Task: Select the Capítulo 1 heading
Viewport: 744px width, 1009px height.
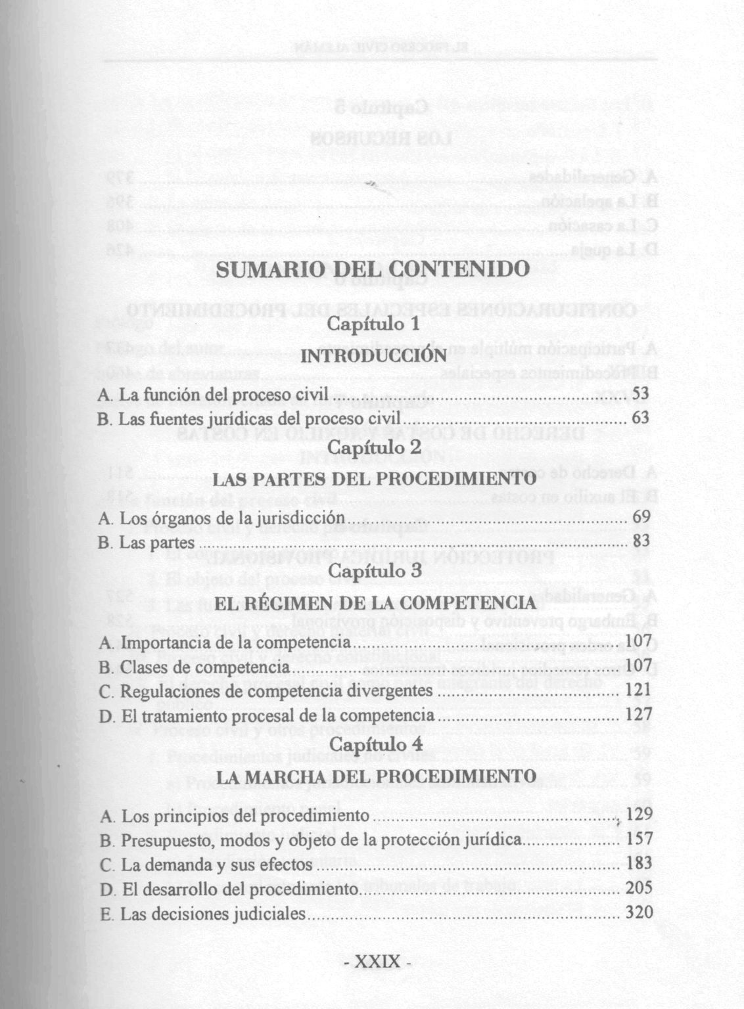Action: point(373,325)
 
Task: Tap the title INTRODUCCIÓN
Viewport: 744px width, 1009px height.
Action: point(373,355)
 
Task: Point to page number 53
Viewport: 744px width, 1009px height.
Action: point(640,393)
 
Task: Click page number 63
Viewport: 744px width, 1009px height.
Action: point(640,418)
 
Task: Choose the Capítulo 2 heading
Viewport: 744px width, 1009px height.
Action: point(373,447)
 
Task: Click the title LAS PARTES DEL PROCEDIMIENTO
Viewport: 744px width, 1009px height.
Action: point(375,478)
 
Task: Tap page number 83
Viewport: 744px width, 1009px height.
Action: point(641,541)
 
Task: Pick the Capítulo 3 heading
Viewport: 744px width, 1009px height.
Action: point(374,571)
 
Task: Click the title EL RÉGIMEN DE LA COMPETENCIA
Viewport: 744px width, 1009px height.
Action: point(375,602)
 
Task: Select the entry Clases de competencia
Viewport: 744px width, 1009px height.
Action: point(194,667)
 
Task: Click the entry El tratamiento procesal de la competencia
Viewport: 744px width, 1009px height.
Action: point(266,715)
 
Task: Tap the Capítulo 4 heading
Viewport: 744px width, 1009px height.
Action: point(374,745)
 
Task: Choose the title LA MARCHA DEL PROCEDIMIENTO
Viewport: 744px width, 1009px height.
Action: point(375,776)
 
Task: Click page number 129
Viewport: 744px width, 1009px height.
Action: point(639,815)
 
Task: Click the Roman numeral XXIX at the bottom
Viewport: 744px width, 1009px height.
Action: point(377,962)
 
